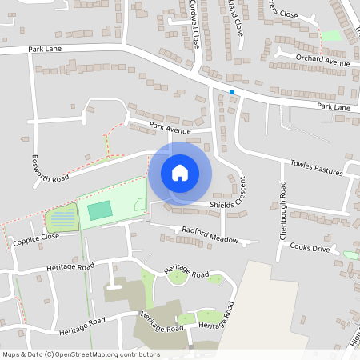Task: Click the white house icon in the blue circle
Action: [x=180, y=172]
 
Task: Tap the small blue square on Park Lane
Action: [x=232, y=92]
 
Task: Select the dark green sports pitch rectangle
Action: [x=99, y=210]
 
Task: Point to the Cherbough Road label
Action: [x=282, y=210]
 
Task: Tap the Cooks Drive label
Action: [x=310, y=248]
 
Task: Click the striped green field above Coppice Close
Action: [x=62, y=217]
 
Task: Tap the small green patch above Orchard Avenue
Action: [x=331, y=35]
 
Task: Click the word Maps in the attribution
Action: [x=12, y=354]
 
